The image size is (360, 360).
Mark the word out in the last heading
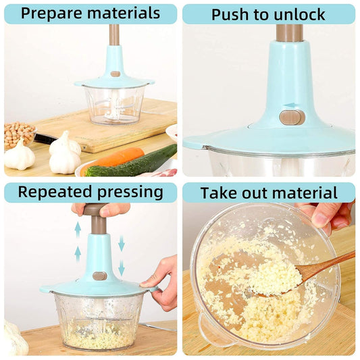tap(256, 193)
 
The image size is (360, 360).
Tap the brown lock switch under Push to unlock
tap(292, 117)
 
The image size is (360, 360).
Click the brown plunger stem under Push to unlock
tap(289, 32)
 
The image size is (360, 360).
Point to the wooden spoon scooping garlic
tap(317, 270)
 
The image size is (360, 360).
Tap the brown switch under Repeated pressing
tap(99, 276)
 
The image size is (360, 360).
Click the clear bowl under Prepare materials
tap(115, 105)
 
